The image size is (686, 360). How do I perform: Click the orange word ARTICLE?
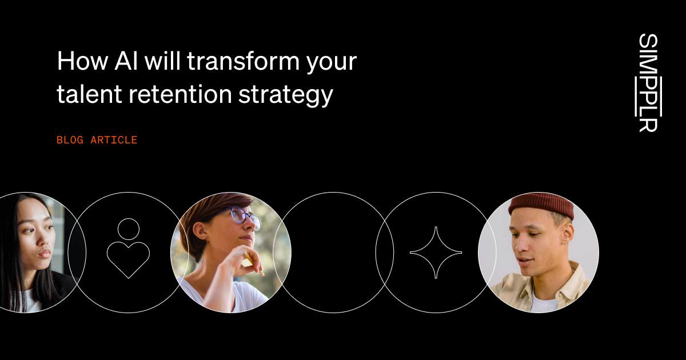pyautogui.click(x=114, y=140)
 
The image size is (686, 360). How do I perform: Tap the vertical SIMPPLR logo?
pyautogui.click(x=648, y=83)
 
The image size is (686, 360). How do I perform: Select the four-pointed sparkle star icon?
pyautogui.click(x=436, y=253)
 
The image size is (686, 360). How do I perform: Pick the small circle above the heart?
pyautogui.click(x=128, y=229)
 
